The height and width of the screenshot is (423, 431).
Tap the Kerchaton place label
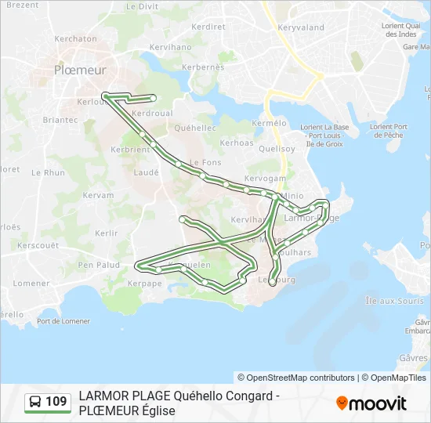(75, 38)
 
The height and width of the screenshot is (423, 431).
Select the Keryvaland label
(300, 27)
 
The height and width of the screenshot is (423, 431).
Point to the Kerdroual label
(152, 114)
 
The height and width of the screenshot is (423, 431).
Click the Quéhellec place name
(196, 128)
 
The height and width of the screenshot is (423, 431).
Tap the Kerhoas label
(237, 143)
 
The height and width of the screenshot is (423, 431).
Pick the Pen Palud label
(99, 265)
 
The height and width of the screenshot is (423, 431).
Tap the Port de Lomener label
(63, 321)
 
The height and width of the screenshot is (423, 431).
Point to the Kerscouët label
(38, 245)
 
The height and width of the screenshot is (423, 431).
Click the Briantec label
(60, 120)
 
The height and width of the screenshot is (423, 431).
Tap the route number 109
(56, 403)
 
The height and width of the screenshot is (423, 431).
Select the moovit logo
(371, 403)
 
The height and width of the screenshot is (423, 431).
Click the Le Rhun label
(49, 172)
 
